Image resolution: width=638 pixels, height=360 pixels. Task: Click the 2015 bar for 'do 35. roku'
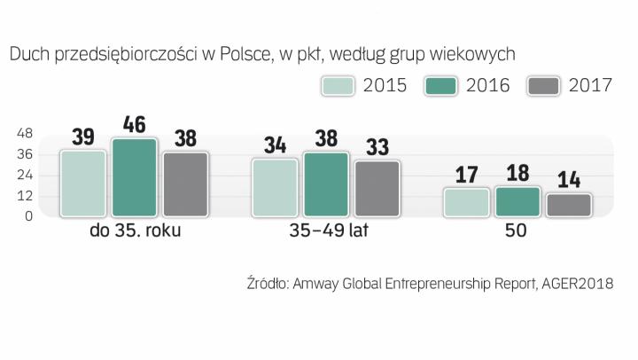[82, 184]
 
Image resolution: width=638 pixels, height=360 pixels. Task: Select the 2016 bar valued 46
[134, 177]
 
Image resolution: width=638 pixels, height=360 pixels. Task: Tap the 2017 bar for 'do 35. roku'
[185, 184]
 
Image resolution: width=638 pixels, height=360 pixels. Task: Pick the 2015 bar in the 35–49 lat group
[275, 188]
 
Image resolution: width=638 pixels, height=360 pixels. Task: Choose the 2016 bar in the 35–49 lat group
[326, 184]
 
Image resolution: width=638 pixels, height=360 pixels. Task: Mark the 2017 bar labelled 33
[377, 189]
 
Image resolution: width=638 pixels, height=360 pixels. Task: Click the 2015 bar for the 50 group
[466, 202]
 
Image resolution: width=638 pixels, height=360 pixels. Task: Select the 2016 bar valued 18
[517, 201]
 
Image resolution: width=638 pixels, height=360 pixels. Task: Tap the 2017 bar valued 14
[568, 205]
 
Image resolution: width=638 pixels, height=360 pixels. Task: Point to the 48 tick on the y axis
[24, 134]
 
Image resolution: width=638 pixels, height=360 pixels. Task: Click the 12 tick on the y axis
[24, 195]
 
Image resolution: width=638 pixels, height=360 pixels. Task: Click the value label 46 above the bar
[134, 124]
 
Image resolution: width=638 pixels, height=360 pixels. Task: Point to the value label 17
[466, 174]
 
